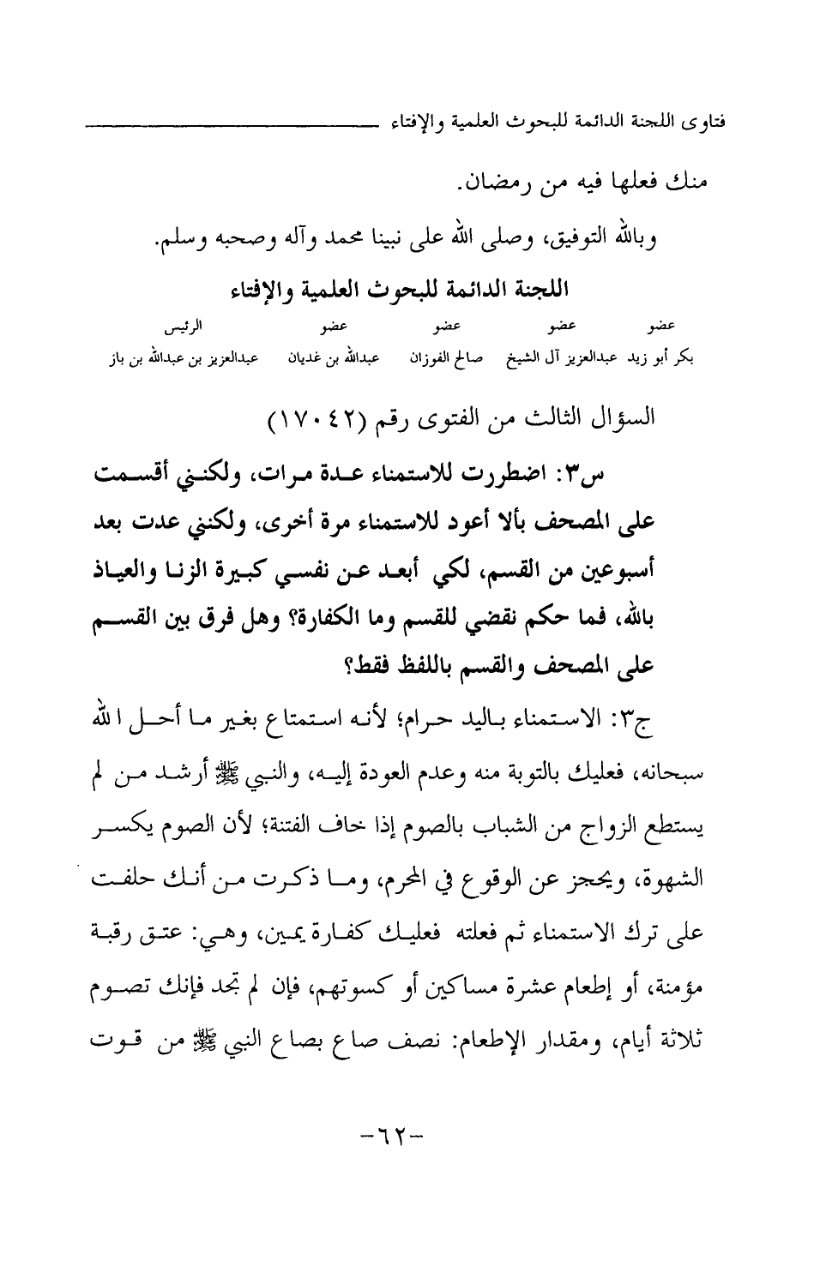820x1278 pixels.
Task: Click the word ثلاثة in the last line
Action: pyautogui.click(x=681, y=1022)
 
